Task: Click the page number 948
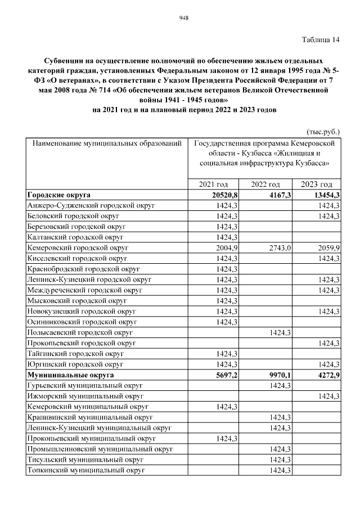tap(183, 17)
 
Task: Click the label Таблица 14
tap(321, 39)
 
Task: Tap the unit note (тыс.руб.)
tap(323, 132)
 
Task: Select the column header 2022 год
tap(265, 184)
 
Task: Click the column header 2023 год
tap(316, 184)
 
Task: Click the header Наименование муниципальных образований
tap(107, 144)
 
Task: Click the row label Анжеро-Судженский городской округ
tap(91, 206)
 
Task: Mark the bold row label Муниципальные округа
tap(70, 375)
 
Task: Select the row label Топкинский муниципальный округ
tap(86, 470)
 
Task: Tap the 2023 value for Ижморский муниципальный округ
tap(327, 396)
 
